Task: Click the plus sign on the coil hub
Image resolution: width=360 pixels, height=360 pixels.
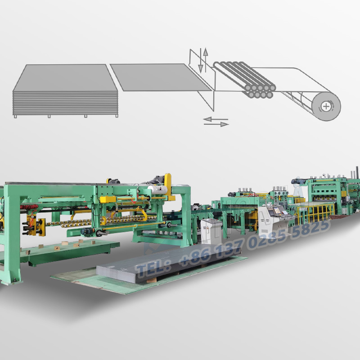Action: (x=325, y=107)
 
